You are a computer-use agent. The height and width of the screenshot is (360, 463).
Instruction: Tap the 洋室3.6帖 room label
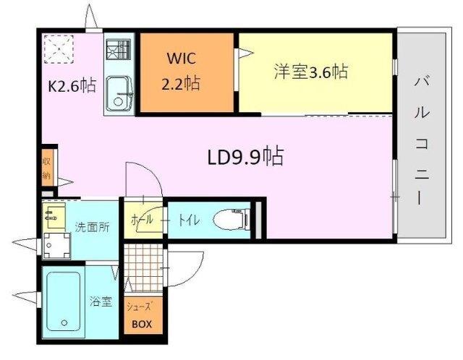(x=310, y=72)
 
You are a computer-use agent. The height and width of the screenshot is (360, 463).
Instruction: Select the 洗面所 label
(x=93, y=227)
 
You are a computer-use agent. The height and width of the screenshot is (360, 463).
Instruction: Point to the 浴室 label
(x=101, y=301)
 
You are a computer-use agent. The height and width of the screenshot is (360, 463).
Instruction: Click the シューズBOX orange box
(x=140, y=317)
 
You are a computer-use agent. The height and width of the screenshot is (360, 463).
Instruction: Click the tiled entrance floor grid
(x=143, y=266)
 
